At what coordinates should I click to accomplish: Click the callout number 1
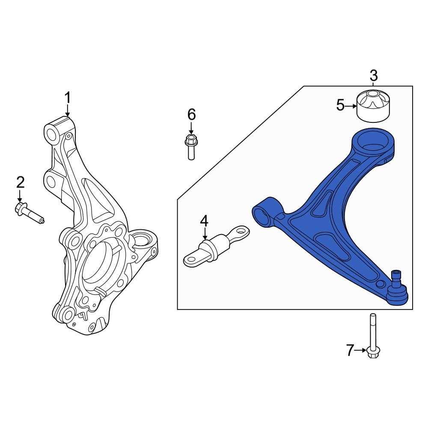pos(67,98)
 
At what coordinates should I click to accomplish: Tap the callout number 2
pos(20,182)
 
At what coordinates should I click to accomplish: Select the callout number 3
pos(374,76)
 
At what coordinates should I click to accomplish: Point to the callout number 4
pos(204,221)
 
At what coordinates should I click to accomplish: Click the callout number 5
pos(340,105)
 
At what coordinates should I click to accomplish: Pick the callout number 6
pos(191,114)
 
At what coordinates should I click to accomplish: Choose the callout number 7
pos(350,351)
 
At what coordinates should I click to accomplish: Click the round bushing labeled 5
pos(374,106)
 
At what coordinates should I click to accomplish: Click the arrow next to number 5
pos(351,105)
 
